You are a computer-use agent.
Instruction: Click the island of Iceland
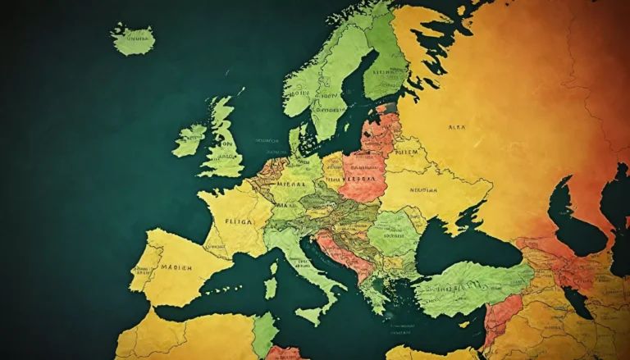click(x=133, y=39)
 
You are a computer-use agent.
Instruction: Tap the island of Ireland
click(x=189, y=140)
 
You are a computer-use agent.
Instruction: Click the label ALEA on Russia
click(x=456, y=128)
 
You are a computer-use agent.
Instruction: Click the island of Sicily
click(x=310, y=313)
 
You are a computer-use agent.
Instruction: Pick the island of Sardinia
click(x=271, y=288)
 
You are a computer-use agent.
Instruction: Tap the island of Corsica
click(x=273, y=267)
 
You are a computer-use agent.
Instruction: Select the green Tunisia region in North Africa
click(x=264, y=332)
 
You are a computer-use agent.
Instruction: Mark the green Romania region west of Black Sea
click(x=393, y=234)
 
